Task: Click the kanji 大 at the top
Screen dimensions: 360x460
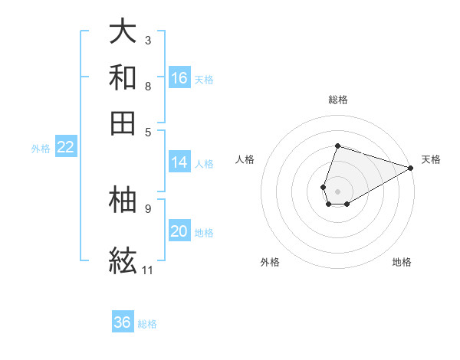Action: point(123,31)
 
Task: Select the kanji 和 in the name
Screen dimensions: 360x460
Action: point(123,77)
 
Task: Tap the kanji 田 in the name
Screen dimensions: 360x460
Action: point(123,123)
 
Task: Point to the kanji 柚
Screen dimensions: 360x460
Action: point(123,200)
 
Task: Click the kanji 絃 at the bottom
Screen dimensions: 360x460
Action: point(123,260)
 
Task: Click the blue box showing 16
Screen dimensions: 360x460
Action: point(179,78)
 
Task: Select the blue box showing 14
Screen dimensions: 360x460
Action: point(179,162)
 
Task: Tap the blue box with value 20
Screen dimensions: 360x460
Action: point(179,232)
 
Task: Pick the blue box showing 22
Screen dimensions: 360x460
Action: point(65,148)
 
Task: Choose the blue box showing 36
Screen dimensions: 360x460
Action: point(123,322)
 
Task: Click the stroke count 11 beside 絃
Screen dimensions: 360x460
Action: point(147,270)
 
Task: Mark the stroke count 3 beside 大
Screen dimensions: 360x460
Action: point(148,40)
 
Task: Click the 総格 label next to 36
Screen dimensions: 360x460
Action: point(147,324)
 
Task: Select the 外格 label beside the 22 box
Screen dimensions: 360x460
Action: point(41,149)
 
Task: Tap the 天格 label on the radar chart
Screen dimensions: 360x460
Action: point(431,159)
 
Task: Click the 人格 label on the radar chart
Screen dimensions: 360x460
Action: point(245,159)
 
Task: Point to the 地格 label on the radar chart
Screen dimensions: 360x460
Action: point(402,262)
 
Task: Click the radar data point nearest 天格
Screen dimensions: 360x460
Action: point(410,167)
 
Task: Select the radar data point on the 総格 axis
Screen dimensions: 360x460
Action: point(337,146)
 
